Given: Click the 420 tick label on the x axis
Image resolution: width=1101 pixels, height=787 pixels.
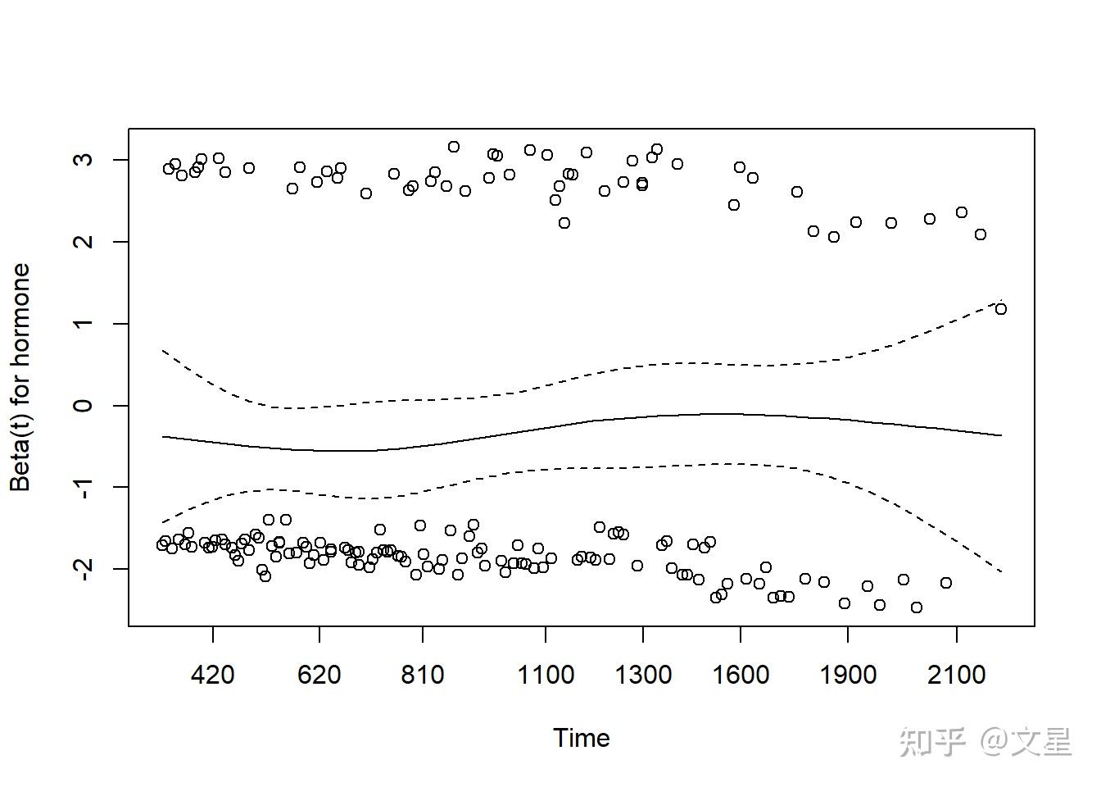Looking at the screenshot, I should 212,675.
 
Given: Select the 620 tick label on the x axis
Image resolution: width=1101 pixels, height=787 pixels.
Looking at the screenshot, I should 319,675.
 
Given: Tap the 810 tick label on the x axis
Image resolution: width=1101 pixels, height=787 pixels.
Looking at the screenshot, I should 423,675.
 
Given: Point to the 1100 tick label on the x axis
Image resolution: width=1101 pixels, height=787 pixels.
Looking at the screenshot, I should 546,675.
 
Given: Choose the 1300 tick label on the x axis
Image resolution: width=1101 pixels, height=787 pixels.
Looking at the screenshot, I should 643,675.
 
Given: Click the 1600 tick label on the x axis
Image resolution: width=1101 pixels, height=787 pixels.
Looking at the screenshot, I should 741,675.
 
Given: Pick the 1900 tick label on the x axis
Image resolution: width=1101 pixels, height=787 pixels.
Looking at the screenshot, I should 848,675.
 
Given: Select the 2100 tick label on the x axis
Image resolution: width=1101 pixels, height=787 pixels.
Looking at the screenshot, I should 957,675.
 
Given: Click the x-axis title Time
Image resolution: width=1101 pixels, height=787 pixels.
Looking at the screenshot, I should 581,738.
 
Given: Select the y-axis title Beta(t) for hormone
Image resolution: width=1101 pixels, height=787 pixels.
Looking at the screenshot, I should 20,377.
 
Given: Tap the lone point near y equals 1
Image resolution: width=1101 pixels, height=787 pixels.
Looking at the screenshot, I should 1000,309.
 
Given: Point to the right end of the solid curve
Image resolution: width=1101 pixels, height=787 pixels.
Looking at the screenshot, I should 1001,435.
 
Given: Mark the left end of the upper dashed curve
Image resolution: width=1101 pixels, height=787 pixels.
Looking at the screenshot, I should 162,350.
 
